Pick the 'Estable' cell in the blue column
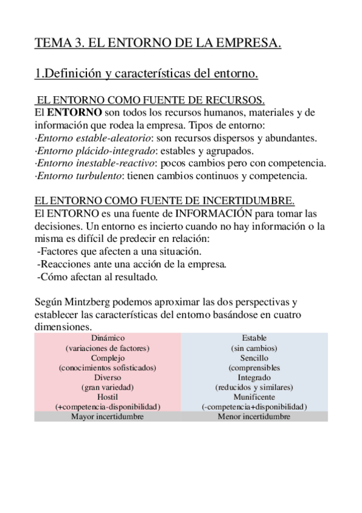254,338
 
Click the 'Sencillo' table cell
254,358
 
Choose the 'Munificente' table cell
254,397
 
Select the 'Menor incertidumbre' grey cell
254,417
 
